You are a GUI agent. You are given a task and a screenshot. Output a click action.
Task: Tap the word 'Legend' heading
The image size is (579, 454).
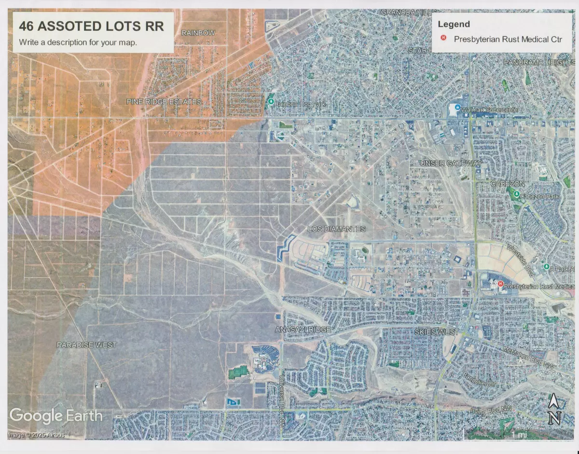(x=454, y=24)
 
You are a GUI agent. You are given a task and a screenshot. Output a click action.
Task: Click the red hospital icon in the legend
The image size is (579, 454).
(x=443, y=39)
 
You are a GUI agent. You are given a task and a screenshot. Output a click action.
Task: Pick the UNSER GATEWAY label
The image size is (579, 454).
(x=451, y=163)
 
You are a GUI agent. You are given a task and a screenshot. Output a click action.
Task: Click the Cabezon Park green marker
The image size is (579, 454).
(x=516, y=195)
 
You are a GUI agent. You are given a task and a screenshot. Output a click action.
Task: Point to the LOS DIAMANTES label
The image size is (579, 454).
(x=337, y=229)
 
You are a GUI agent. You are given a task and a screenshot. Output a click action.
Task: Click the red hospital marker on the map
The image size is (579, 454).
(x=500, y=284)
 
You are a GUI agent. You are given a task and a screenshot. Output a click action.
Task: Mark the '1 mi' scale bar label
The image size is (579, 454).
(x=519, y=435)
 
